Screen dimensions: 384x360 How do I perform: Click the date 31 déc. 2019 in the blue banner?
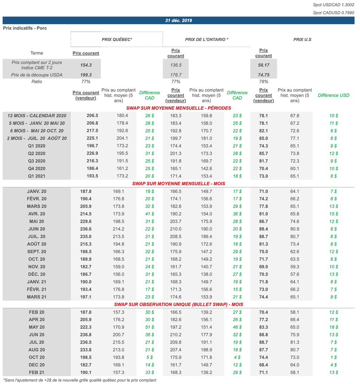[179, 20]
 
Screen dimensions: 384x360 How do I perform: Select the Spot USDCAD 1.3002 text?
[334, 5]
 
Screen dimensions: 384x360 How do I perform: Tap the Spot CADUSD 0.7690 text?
[334, 13]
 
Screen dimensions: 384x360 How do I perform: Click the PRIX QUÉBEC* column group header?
[117, 40]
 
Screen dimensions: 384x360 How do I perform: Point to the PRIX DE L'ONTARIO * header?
[207, 40]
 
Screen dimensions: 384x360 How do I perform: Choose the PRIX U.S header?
[302, 40]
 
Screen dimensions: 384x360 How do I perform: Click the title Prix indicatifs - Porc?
[25, 28]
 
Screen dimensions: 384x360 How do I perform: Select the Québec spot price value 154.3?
[86, 65]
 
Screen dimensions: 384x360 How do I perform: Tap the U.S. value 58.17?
[263, 65]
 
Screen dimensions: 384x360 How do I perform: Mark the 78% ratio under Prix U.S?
[263, 82]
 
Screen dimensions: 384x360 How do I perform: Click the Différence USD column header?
[334, 95]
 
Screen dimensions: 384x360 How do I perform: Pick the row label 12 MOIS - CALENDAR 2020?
[37, 116]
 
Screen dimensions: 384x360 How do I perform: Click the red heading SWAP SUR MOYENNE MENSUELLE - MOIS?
[179, 183]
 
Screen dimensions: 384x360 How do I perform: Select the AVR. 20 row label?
[37, 214]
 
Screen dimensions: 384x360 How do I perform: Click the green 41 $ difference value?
[149, 214]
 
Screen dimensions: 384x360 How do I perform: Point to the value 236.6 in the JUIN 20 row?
[86, 229]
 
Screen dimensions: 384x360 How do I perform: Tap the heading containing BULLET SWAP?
[179, 304]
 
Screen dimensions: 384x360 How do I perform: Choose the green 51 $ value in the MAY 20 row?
[149, 327]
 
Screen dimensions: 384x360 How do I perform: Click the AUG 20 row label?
[37, 350]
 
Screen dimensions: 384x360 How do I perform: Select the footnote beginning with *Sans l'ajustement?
[80, 380]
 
